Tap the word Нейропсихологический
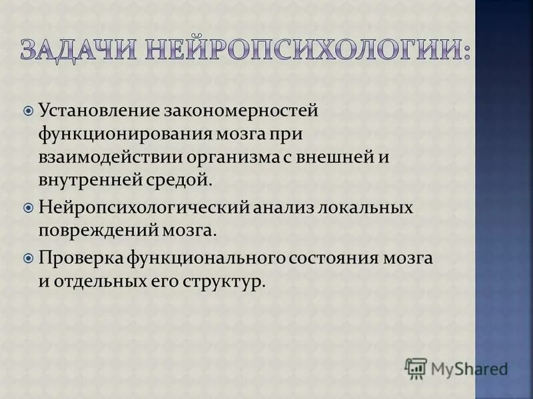144,208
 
